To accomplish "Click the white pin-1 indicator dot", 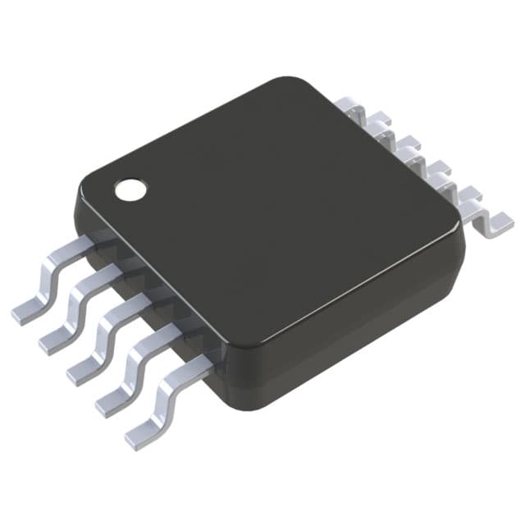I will coord(130,189).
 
